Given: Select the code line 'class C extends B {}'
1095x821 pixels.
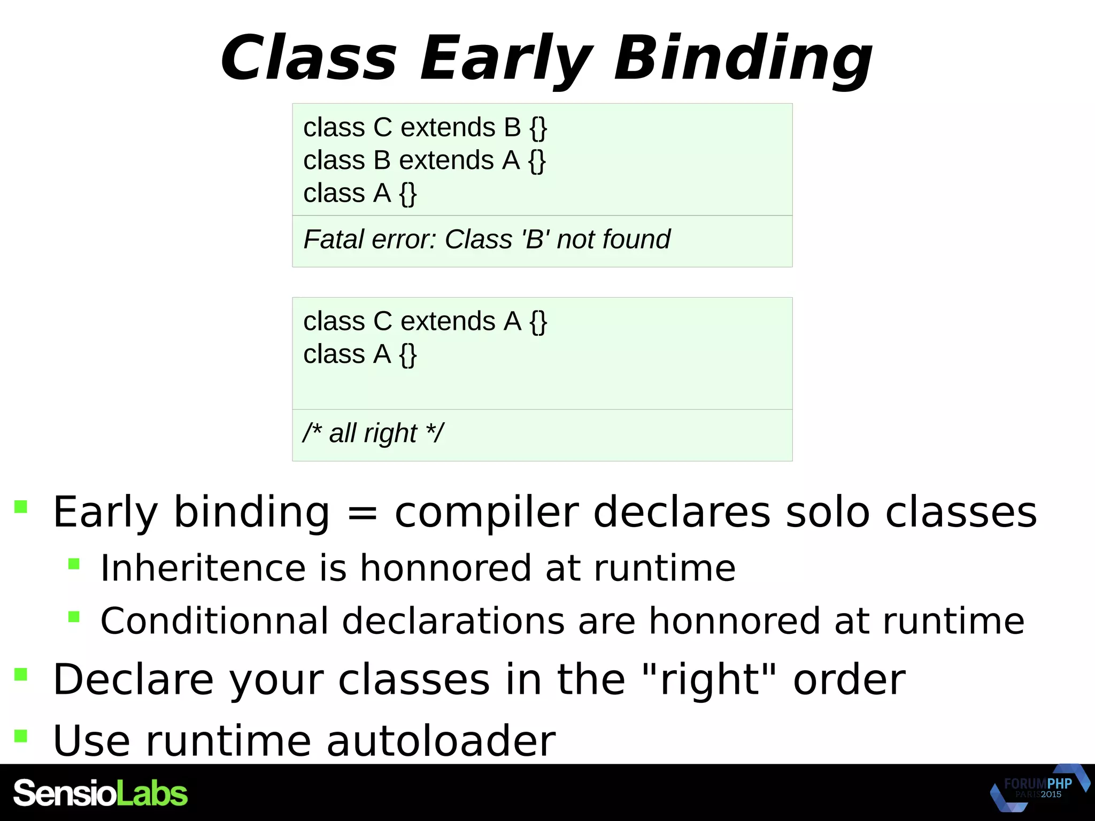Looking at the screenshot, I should pyautogui.click(x=425, y=127).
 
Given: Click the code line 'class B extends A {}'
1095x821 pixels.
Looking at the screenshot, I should pyautogui.click(x=424, y=160).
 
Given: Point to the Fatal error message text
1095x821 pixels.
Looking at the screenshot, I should pyautogui.click(x=486, y=239).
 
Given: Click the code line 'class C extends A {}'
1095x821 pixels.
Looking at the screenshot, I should pyautogui.click(x=425, y=321).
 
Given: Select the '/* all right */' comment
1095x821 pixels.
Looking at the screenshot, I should pyautogui.click(x=373, y=432).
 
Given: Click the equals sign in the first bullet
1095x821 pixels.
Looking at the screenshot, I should pyautogui.click(x=362, y=513).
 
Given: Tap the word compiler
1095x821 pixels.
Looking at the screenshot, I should pyautogui.click(x=487, y=513).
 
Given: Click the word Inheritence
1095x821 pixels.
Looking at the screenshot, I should pyautogui.click(x=203, y=568).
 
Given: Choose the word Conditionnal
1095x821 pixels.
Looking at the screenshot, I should pyautogui.click(x=214, y=621).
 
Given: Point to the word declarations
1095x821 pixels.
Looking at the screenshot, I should pyautogui.click(x=453, y=621).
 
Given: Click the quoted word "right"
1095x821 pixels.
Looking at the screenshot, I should pyautogui.click(x=709, y=679).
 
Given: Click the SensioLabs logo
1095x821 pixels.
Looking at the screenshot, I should pyautogui.click(x=101, y=793).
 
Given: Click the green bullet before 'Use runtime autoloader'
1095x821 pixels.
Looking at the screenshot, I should pyautogui.click(x=21, y=736).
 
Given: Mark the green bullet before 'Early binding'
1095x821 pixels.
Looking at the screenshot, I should pyautogui.click(x=21, y=506).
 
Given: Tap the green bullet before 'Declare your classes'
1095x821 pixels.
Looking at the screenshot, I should pyautogui.click(x=21, y=674).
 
